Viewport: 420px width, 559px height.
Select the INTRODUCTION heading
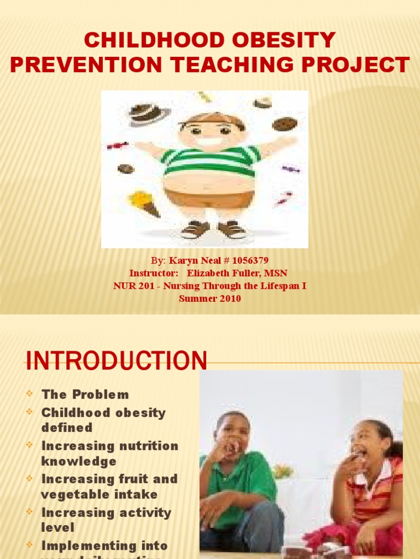pos(117,361)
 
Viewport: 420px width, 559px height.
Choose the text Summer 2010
pos(210,299)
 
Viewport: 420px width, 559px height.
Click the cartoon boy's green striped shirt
pos(210,161)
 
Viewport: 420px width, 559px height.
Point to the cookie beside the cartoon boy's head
pos(284,124)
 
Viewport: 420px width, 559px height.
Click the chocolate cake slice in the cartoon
pos(148,113)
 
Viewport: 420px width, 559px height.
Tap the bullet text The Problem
pos(85,395)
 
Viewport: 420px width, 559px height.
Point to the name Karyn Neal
pos(191,260)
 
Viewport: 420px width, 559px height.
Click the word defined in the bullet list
pos(67,427)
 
